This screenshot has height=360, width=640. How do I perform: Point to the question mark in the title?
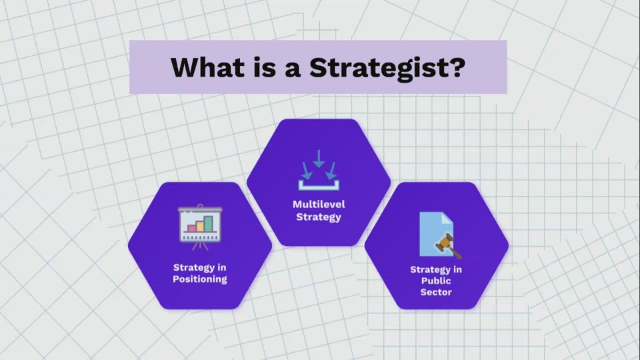click(x=455, y=67)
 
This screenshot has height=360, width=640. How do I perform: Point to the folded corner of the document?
click(x=448, y=217)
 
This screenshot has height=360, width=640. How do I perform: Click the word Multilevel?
click(x=319, y=204)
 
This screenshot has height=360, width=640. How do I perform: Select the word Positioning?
click(x=199, y=279)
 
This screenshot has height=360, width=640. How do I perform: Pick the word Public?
click(x=436, y=281)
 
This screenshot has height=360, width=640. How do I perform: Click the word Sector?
click(x=436, y=292)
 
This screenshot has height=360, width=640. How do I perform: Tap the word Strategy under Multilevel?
click(x=319, y=217)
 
